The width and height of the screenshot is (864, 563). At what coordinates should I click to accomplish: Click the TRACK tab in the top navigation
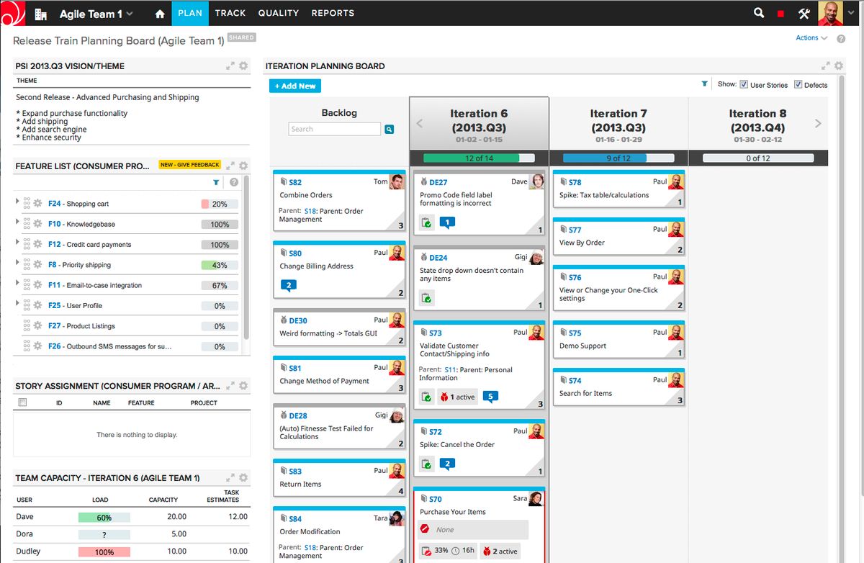(230, 13)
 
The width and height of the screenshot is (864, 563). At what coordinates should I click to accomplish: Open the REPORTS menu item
(333, 13)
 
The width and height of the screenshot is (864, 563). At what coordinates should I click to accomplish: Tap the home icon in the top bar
(160, 14)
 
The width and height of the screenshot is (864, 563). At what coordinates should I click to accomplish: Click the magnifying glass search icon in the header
(758, 13)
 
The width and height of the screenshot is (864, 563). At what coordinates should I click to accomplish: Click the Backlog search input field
(334, 129)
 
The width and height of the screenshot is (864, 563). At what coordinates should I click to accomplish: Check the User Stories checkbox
(744, 84)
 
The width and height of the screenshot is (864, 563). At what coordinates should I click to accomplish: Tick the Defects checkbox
(798, 84)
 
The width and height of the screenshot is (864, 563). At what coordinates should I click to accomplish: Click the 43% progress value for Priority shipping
(220, 265)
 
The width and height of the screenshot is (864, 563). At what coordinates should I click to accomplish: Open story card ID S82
(295, 183)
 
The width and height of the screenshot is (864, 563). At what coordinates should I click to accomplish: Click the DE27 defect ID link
(438, 183)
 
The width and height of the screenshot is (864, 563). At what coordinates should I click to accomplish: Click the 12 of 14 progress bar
(479, 158)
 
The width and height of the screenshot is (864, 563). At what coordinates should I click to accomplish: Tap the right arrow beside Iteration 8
(818, 123)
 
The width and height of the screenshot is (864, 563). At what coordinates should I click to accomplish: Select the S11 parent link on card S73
(450, 369)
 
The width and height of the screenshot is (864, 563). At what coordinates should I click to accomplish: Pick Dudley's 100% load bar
(104, 551)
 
